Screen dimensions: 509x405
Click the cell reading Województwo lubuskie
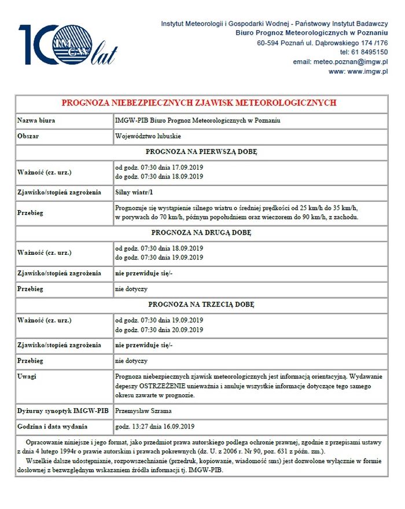pos(148,137)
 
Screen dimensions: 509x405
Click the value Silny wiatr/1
pos(135,192)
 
